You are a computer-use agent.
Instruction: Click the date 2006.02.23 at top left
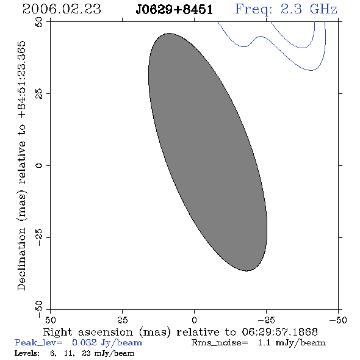(62, 9)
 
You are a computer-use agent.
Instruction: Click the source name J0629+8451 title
(175, 10)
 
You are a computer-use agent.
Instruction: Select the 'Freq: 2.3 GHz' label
(286, 9)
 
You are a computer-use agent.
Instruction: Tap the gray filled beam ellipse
(207, 152)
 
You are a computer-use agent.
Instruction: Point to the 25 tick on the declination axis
(39, 94)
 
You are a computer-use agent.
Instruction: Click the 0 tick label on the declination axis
(39, 165)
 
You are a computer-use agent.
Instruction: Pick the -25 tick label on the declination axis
(39, 237)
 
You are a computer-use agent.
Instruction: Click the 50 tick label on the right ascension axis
(51, 320)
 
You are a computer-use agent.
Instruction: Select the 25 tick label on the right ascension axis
(123, 320)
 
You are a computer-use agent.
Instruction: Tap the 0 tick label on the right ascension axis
(195, 320)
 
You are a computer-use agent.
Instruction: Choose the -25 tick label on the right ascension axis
(266, 320)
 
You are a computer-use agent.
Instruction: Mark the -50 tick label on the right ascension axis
(338, 320)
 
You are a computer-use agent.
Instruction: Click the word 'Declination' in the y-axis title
(21, 259)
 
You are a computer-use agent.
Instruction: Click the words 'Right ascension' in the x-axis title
(88, 332)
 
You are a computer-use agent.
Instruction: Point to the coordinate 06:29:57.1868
(279, 332)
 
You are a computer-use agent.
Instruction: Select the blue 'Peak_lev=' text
(38, 343)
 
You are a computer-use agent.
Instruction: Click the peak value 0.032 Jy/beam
(107, 343)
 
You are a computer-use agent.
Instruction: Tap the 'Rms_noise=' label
(220, 343)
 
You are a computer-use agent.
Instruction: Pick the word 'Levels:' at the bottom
(27, 353)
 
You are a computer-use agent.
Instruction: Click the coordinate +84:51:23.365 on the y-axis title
(21, 80)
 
